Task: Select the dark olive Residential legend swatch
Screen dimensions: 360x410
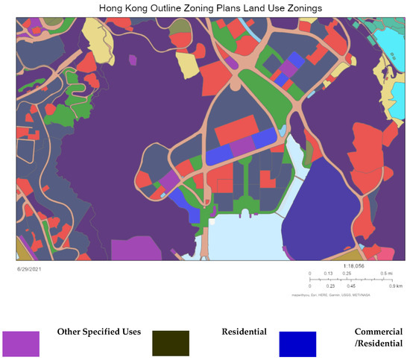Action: tap(170, 342)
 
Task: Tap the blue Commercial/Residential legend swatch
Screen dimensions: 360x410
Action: tap(297, 342)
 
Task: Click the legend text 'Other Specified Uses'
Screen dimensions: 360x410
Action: tap(99, 331)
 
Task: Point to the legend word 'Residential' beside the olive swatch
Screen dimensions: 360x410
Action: tap(243, 331)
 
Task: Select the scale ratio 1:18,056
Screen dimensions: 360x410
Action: tap(354, 265)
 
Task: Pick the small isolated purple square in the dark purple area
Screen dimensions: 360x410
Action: tap(133, 59)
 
